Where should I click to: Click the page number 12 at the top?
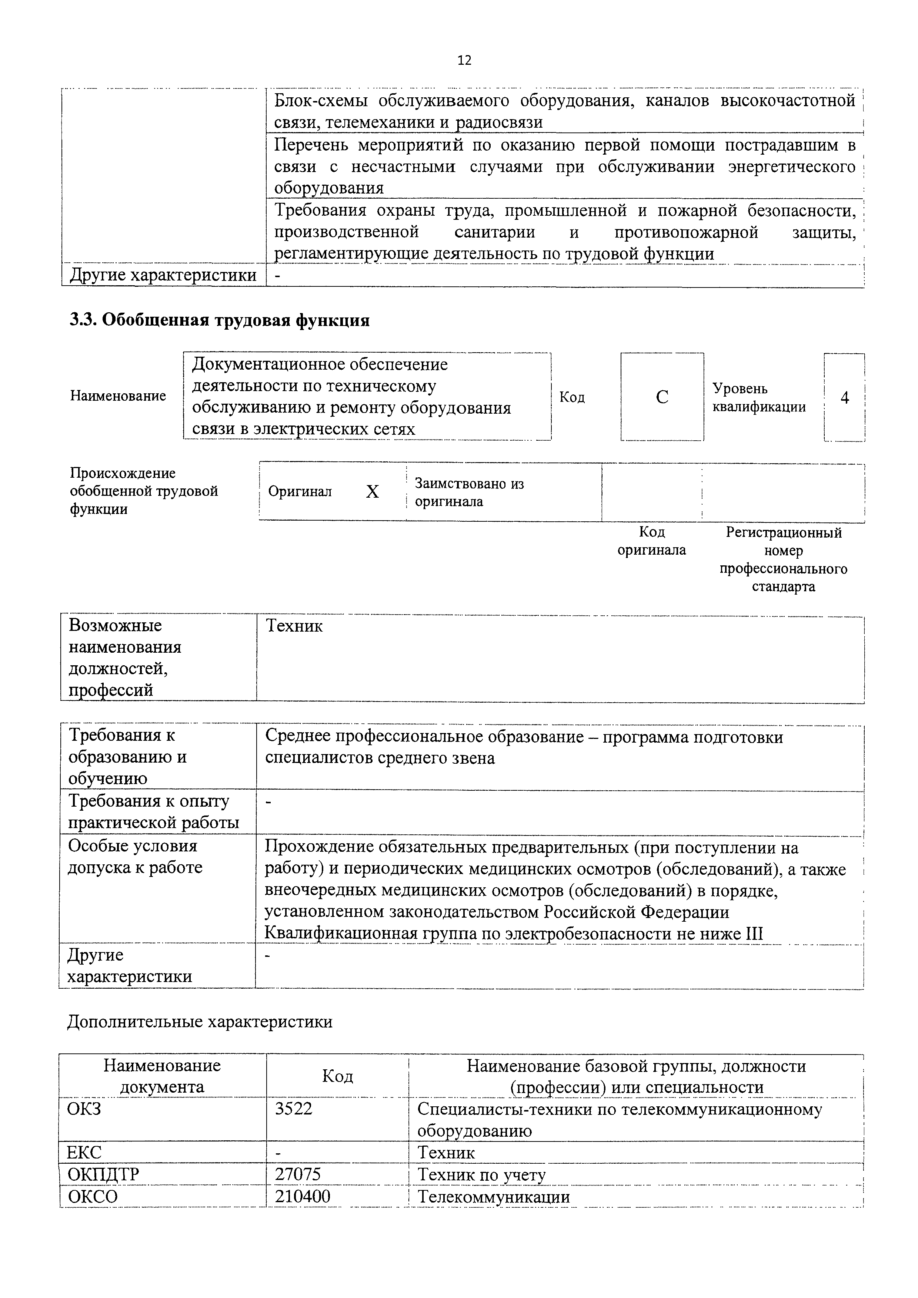tap(464, 60)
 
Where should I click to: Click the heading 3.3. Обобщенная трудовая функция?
tap(220, 320)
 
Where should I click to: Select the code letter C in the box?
tap(662, 397)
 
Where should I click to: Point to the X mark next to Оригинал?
tap(372, 492)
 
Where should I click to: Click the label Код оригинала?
tap(652, 541)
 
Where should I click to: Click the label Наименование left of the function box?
tap(118, 396)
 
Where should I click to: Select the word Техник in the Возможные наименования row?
tap(294, 626)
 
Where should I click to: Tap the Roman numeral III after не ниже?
tap(755, 934)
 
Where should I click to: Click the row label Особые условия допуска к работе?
tap(135, 857)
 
